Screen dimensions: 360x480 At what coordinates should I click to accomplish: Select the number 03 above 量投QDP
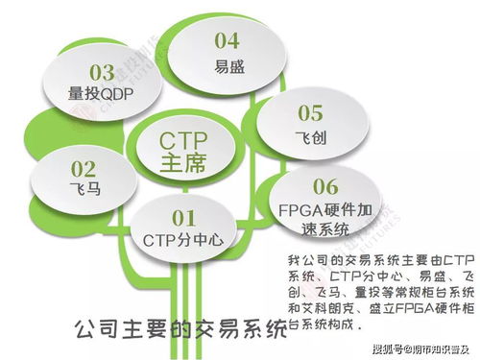[102, 72]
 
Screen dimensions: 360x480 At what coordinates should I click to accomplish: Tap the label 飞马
[59, 189]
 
